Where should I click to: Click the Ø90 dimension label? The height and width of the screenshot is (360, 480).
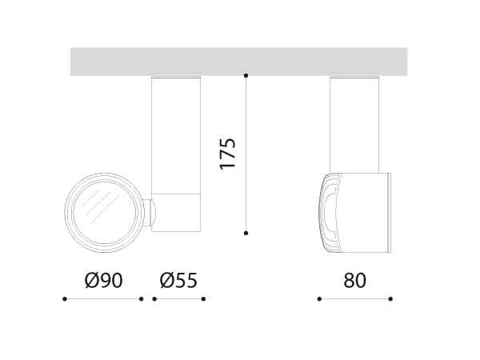pyautogui.click(x=103, y=281)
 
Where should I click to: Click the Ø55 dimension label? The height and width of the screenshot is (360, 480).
pyautogui.click(x=178, y=281)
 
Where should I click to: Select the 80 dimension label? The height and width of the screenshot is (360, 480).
pyautogui.click(x=354, y=281)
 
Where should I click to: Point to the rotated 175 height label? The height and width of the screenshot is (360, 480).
pyautogui.click(x=228, y=153)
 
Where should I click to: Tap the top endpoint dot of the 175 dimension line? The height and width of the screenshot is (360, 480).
pyautogui.click(x=246, y=76)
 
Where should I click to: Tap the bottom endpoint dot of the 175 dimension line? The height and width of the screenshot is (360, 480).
pyautogui.click(x=246, y=233)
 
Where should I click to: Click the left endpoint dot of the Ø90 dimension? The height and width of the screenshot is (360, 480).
pyautogui.click(x=65, y=299)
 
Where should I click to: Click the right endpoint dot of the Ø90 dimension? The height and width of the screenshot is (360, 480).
pyautogui.click(x=141, y=299)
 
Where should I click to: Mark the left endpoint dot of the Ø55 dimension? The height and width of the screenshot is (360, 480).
pyautogui.click(x=154, y=299)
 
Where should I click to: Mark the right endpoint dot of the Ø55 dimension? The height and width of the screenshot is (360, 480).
pyautogui.click(x=203, y=299)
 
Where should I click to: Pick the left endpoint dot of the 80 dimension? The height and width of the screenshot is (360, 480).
pyautogui.click(x=319, y=299)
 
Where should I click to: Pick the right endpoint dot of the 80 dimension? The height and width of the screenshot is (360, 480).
pyautogui.click(x=390, y=299)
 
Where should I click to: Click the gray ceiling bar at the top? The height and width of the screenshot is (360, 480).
pyautogui.click(x=238, y=62)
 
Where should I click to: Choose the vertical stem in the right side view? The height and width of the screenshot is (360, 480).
pyautogui.click(x=354, y=124)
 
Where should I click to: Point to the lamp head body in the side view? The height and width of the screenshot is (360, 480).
pyautogui.click(x=364, y=212)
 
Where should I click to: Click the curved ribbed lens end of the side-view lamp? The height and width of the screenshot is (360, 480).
pyautogui.click(x=329, y=212)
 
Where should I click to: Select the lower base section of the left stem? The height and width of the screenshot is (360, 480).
pyautogui.click(x=176, y=213)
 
